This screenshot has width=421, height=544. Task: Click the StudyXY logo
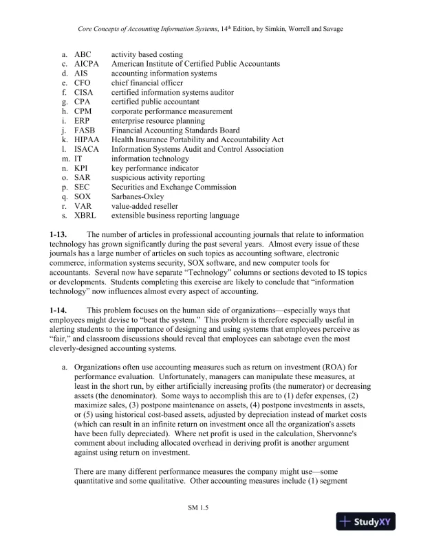point(374,521)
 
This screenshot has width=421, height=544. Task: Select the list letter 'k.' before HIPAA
point(64,139)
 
